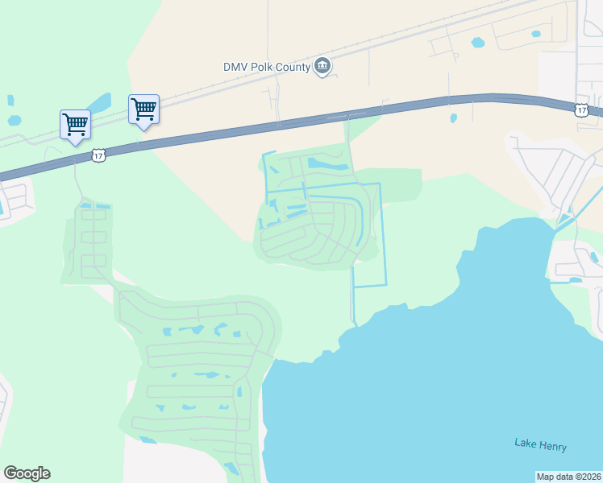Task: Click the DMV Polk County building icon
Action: click(322, 66)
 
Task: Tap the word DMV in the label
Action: click(237, 67)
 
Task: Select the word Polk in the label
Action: click(264, 67)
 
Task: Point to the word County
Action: click(294, 67)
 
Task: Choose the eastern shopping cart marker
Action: click(143, 109)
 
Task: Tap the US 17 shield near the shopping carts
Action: click(98, 155)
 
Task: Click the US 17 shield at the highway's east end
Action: click(581, 109)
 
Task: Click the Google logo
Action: click(27, 473)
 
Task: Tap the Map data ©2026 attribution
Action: click(568, 477)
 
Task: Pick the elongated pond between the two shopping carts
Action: click(100, 104)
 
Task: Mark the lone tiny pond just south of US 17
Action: click(453, 118)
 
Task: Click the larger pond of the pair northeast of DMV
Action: click(478, 42)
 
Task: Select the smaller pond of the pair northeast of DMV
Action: click(535, 34)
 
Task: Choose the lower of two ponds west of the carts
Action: click(14, 121)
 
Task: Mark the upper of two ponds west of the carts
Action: click(10, 101)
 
